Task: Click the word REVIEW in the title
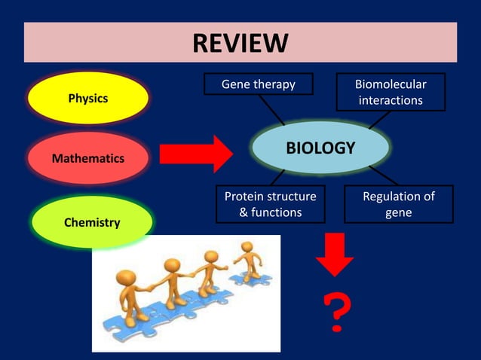pos(240,42)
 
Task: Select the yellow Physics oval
pos(88,98)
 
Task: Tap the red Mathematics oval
pos(88,158)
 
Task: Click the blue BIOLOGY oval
pos(320,148)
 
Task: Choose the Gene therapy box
pos(258,84)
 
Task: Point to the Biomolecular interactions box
pos(391,92)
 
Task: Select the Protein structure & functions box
pos(271,204)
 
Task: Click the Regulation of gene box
pos(399,204)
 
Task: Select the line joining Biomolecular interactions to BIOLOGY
pos(378,119)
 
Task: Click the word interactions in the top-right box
pos(391,100)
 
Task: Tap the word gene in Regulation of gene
pos(399,212)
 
